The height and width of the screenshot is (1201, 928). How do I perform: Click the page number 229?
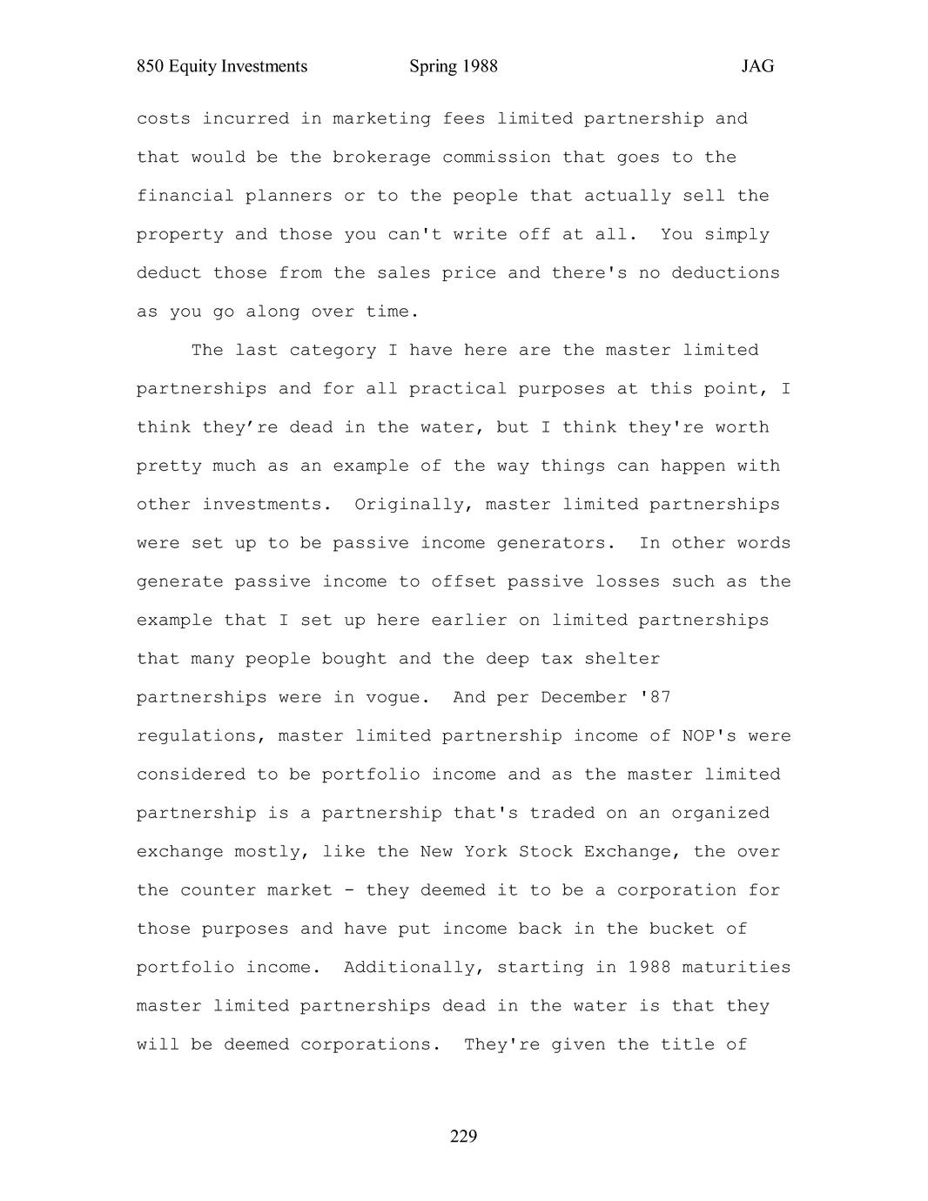(463, 1136)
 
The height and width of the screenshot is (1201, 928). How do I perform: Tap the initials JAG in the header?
(757, 67)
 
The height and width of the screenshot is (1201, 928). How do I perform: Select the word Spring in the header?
(433, 67)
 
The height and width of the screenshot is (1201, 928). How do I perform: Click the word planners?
(288, 196)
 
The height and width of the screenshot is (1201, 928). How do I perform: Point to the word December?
(583, 698)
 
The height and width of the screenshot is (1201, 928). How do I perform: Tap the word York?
(485, 852)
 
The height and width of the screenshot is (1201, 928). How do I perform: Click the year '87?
(655, 698)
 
